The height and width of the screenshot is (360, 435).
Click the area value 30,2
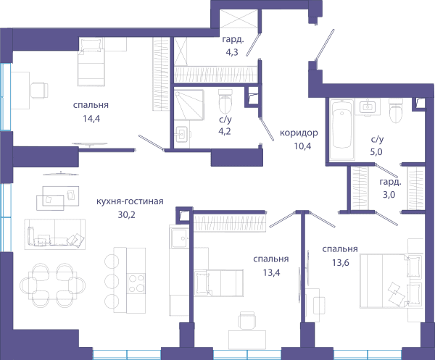[x=126, y=215]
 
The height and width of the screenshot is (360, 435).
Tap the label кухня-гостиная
[x=130, y=201]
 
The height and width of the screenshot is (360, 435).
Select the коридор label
[x=299, y=133]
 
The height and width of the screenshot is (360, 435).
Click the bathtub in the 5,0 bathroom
[x=342, y=130]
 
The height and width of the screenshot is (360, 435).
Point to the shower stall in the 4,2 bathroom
[x=189, y=105]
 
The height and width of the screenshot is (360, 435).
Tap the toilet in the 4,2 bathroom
[x=225, y=101]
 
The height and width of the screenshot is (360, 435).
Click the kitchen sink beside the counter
[x=180, y=238]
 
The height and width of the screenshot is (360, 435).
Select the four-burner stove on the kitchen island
[x=136, y=283]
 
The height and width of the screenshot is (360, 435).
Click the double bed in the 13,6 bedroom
[x=391, y=281]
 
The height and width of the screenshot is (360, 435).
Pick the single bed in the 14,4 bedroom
[x=91, y=62]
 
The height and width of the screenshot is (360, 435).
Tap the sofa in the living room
[x=55, y=234]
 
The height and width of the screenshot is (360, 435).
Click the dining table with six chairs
[x=53, y=285]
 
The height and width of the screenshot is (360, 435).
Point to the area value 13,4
[x=272, y=272]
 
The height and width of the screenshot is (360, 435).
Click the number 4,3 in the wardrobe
[x=232, y=52]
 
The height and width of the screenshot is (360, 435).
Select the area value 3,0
[x=389, y=195]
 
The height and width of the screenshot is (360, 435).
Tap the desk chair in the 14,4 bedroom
[x=39, y=91]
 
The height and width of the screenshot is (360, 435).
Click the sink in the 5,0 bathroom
[x=368, y=106]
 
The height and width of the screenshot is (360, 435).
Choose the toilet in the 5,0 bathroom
[x=396, y=111]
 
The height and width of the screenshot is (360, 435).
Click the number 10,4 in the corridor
[x=302, y=146]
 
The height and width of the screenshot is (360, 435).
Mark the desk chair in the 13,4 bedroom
[x=246, y=320]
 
